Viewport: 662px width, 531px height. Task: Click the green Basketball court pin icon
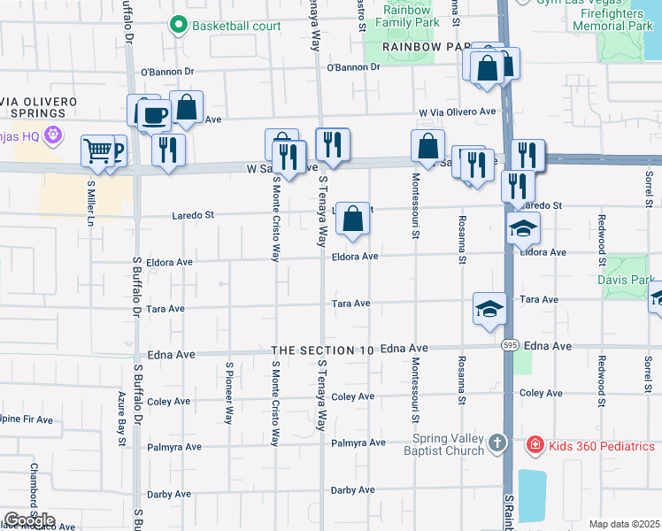tap(180, 24)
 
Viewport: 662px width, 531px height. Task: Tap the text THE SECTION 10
tap(323, 350)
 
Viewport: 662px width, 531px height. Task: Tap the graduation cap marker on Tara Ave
tap(489, 308)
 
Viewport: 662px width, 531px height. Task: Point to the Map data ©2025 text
tap(624, 524)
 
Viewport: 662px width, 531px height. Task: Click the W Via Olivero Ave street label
tap(458, 112)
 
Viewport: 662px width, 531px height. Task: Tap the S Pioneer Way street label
tap(228, 392)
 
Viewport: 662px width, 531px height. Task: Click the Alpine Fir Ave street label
tap(27, 419)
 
